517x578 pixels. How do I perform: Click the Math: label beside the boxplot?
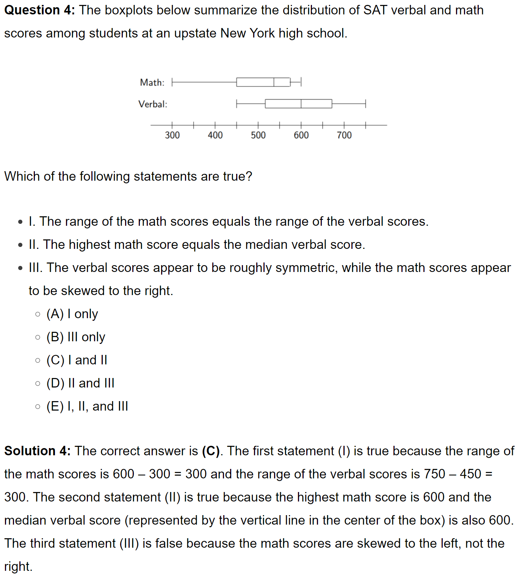152,83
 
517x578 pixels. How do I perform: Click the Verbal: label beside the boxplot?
152,104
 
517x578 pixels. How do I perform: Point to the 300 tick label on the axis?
172,135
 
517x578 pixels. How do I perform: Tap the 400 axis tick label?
215,135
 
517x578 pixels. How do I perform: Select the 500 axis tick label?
258,135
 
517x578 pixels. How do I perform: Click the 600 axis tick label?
301,135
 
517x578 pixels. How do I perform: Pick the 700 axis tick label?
344,135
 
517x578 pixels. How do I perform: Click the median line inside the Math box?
274,82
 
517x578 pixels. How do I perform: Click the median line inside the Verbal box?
301,104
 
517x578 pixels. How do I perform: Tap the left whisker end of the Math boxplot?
172,82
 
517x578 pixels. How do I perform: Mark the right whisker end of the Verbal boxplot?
366,104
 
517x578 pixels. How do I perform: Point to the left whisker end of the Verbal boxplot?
237,104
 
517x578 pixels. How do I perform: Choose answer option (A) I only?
72,314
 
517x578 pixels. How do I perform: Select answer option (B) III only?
76,337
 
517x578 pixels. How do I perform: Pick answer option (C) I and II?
77,360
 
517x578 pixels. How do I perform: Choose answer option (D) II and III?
80,383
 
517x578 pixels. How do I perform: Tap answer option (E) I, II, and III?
87,406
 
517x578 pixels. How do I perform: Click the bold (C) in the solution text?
210,451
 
